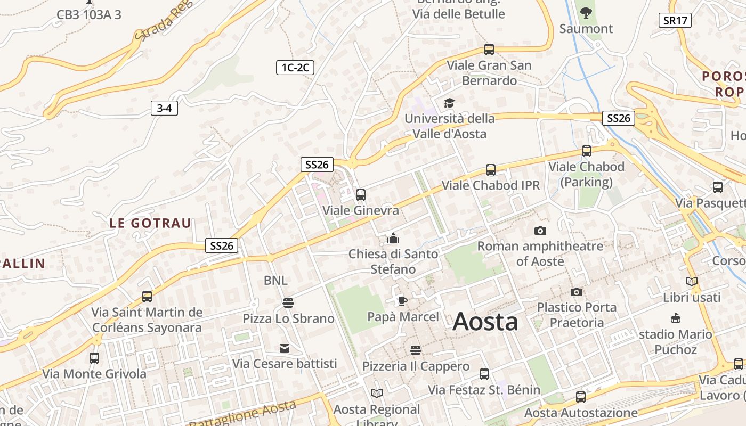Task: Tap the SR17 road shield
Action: click(x=675, y=21)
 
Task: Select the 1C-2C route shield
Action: click(x=295, y=68)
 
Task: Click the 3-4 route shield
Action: click(x=164, y=109)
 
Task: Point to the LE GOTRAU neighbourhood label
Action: click(x=150, y=223)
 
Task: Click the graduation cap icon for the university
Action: click(x=450, y=103)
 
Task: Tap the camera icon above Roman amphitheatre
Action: click(x=540, y=231)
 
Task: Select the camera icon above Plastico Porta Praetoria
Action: click(x=576, y=292)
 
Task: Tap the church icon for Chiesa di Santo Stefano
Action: click(x=393, y=237)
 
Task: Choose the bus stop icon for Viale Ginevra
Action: click(x=361, y=194)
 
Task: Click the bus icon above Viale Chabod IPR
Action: click(x=491, y=170)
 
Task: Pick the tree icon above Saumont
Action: click(x=586, y=12)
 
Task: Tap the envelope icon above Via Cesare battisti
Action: click(x=285, y=348)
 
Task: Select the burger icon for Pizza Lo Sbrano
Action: click(x=288, y=303)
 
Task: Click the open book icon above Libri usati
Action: click(x=692, y=282)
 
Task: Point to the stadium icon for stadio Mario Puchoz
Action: click(x=676, y=318)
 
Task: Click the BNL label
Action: click(x=275, y=280)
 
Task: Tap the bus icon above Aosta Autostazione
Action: click(x=581, y=397)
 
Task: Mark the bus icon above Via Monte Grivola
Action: click(x=94, y=358)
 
